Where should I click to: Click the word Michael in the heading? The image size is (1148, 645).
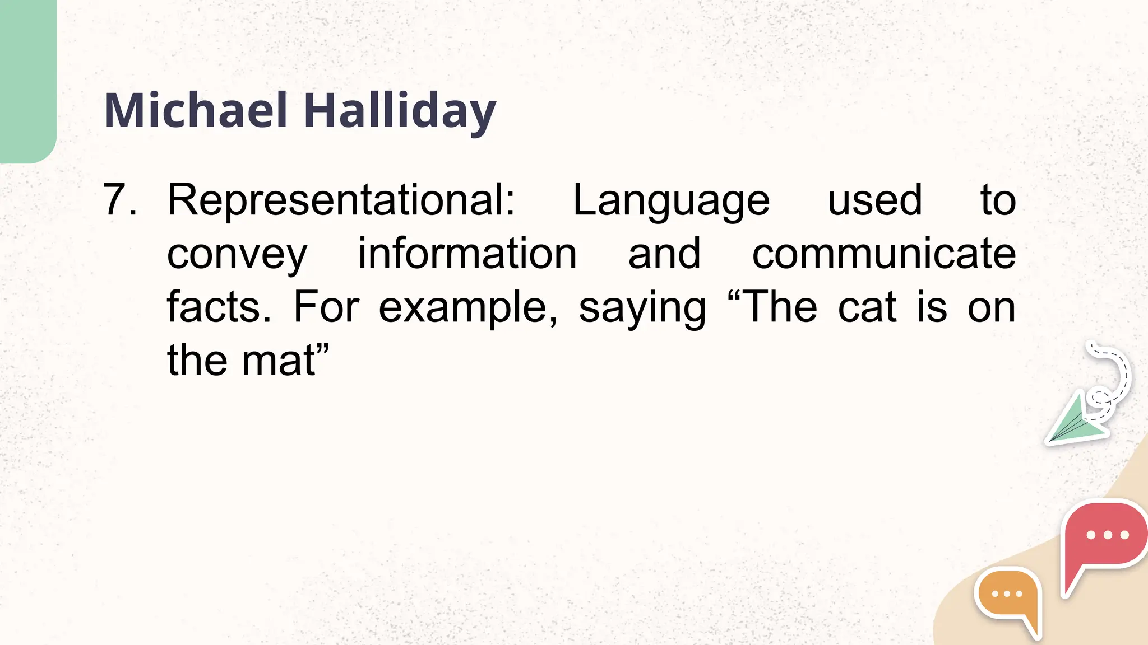[x=196, y=111]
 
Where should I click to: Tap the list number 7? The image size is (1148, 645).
[x=119, y=200]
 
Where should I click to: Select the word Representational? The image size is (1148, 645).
[x=341, y=200]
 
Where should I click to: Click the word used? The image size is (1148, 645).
[x=874, y=200]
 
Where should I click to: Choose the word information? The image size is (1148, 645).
[x=467, y=253]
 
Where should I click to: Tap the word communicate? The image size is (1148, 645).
[x=883, y=253]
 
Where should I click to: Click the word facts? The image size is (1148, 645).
[x=219, y=307]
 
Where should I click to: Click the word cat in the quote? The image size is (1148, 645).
[x=867, y=307]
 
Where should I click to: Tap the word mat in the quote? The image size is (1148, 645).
[x=279, y=361]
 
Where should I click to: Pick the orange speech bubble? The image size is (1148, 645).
[x=1008, y=596]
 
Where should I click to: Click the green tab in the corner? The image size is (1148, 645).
[x=27, y=78]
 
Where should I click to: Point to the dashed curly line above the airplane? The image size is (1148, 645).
[x=1113, y=372]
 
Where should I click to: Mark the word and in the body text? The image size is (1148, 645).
[x=664, y=253]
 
